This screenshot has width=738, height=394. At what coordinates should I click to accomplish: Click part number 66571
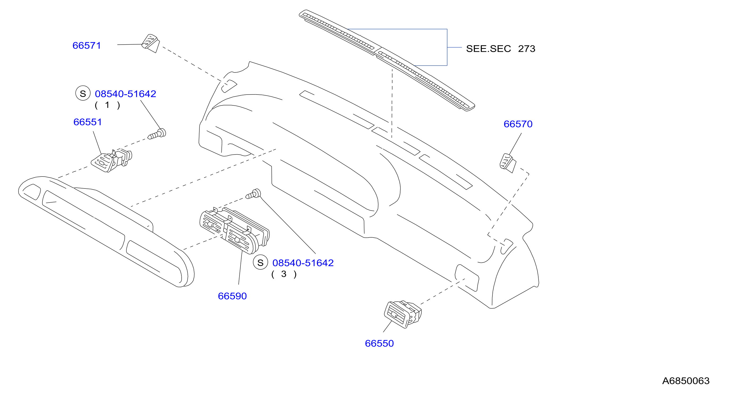(86, 46)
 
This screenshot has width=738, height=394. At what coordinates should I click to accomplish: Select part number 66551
(88, 122)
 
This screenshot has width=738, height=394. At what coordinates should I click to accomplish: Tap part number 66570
(518, 124)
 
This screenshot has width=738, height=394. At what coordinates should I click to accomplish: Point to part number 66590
(232, 296)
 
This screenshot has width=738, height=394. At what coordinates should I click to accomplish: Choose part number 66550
(379, 344)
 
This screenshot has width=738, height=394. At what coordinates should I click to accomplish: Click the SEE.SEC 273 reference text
(500, 49)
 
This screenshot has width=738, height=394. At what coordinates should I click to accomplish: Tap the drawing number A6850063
(686, 381)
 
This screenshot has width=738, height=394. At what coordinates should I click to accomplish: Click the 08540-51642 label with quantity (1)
(125, 94)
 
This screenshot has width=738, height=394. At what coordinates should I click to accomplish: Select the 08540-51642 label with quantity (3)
(303, 263)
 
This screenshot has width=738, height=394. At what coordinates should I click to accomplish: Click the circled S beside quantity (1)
(83, 93)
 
